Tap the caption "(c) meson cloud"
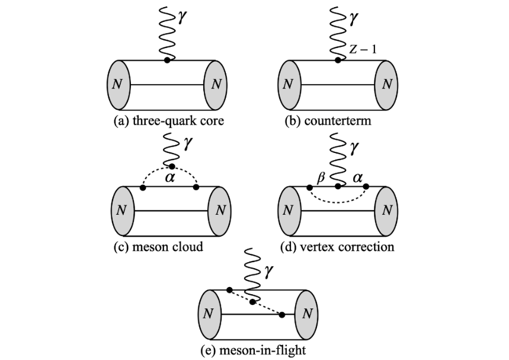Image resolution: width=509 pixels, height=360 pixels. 158,246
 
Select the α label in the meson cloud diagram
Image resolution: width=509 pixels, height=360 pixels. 169,179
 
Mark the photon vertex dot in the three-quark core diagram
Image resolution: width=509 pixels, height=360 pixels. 168,60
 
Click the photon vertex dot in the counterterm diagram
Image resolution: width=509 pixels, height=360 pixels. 338,60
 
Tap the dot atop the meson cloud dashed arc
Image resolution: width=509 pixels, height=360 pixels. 172,166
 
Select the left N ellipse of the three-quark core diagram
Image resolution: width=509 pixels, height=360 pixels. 118,84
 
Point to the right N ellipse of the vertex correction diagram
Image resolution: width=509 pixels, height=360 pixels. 387,210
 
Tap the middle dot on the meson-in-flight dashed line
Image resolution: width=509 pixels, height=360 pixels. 253,302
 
